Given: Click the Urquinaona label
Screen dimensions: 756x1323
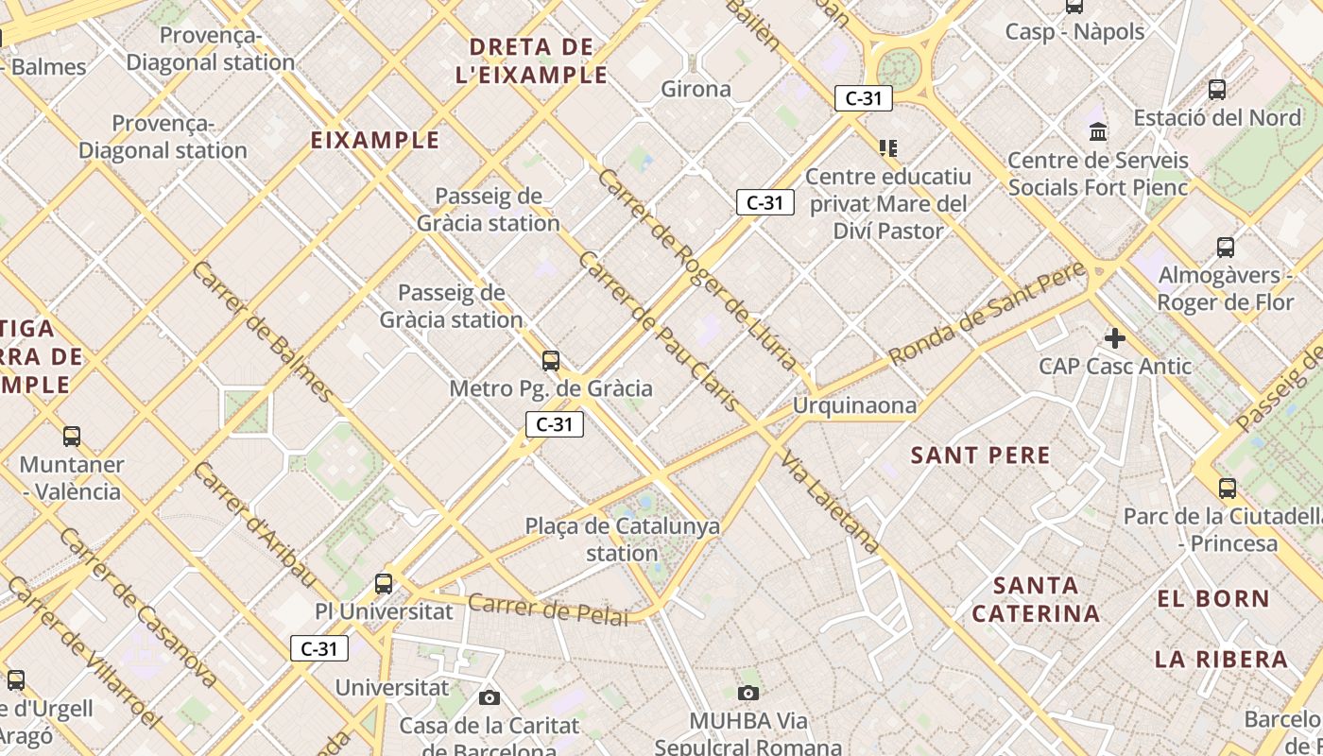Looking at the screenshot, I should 854,406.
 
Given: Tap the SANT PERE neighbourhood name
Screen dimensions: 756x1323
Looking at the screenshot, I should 980,455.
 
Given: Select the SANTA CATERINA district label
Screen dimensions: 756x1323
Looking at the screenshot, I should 1036,599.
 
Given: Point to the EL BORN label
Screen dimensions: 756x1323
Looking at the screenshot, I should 1213,598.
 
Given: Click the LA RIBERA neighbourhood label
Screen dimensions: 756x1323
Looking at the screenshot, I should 1221,659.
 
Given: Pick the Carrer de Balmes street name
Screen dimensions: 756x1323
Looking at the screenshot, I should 263,331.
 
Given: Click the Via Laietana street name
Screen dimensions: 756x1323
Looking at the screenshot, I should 831,501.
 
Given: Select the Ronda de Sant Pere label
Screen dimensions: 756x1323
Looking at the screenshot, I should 987,314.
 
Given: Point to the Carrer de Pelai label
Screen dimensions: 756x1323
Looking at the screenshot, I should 548,610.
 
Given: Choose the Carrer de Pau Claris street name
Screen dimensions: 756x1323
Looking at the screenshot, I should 658,331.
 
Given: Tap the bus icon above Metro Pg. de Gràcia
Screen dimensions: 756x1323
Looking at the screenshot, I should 551,360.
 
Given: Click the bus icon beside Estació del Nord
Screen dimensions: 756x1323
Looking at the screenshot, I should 1217,90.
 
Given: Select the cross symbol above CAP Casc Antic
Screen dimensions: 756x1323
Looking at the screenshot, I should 1115,337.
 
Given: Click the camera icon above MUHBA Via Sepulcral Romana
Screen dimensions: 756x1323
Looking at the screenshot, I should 748,693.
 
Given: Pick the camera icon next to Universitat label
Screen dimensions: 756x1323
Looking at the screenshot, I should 489,697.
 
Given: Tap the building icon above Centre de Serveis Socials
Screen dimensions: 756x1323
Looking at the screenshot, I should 1098,131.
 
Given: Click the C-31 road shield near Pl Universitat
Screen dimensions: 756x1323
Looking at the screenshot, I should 319,648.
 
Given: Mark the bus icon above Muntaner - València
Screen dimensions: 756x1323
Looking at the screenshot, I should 72,437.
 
